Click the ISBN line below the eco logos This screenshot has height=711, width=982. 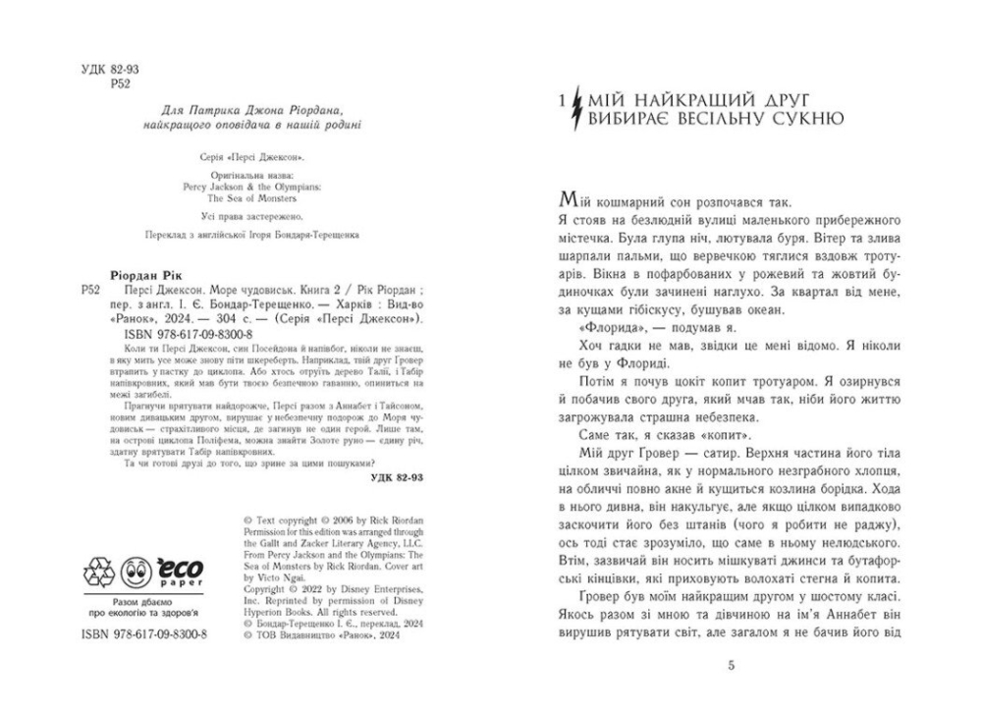[143, 634]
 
